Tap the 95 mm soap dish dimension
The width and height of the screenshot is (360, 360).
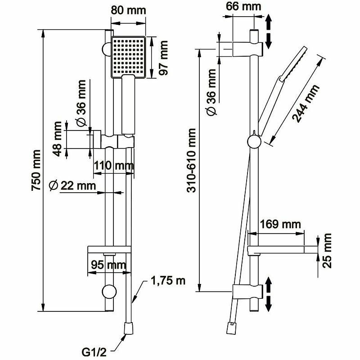click(x=107, y=265)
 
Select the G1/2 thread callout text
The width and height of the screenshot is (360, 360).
click(x=93, y=349)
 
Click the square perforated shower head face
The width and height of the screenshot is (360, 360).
click(x=129, y=56)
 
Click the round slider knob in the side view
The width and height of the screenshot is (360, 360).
click(x=254, y=142)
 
